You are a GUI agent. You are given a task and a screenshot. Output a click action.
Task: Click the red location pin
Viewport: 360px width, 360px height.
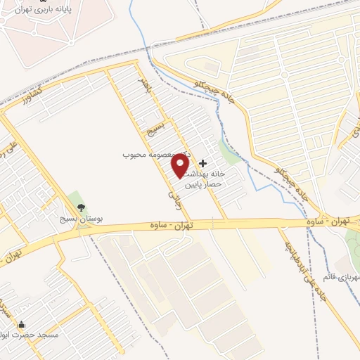click(x=180, y=165)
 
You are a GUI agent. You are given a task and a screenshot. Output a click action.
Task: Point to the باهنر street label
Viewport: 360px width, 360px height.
click(x=145, y=86)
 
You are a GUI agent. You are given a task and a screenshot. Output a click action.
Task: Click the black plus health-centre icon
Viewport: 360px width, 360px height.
click(x=203, y=163)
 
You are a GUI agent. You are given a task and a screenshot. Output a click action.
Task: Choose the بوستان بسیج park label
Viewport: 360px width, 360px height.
click(x=79, y=219)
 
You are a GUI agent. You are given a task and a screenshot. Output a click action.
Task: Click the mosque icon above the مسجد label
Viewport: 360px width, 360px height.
click(x=22, y=325)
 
